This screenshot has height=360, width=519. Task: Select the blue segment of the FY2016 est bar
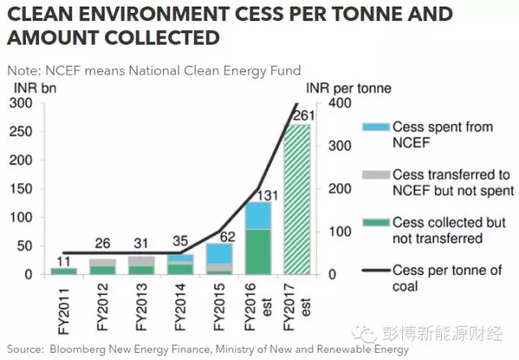(259, 216)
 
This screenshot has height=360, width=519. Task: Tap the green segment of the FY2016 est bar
(259, 252)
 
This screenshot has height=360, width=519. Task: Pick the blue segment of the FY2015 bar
(218, 253)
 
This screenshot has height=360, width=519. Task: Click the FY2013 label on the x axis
(140, 304)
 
